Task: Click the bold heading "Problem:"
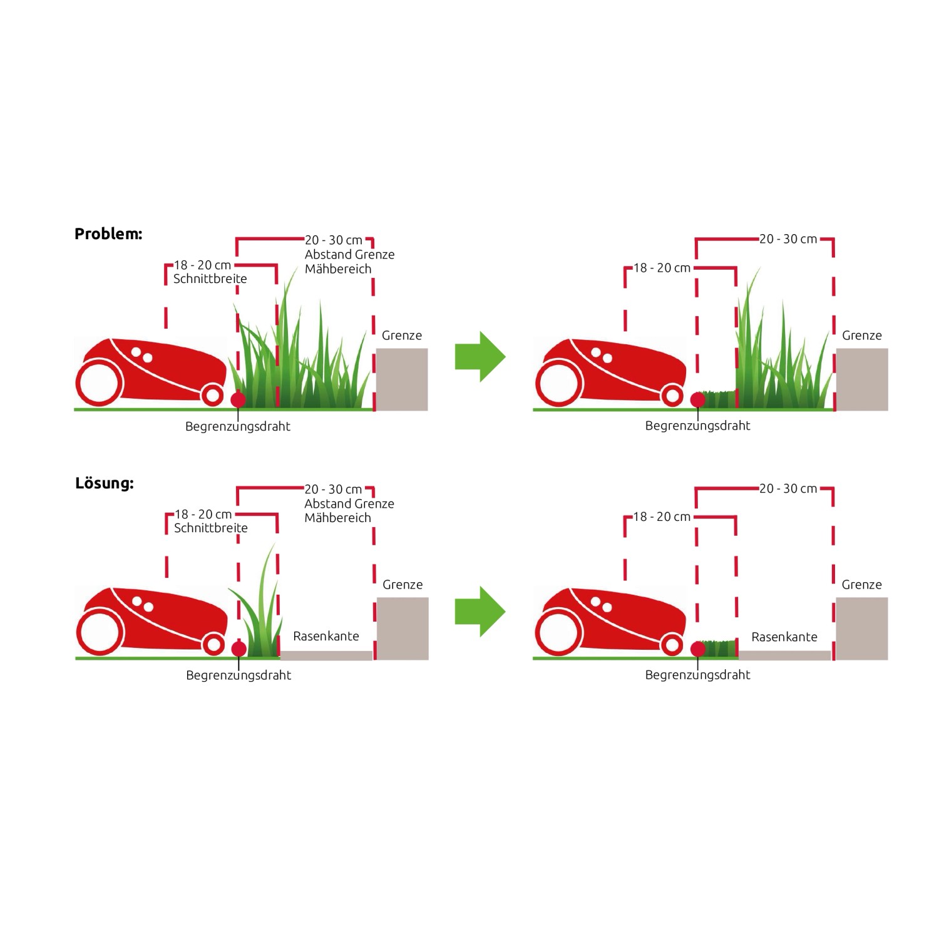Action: click(108, 234)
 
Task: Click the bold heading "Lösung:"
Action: click(105, 483)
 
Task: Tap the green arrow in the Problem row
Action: click(480, 357)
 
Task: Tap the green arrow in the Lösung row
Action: click(480, 611)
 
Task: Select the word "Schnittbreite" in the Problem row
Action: click(210, 279)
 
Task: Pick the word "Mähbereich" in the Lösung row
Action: click(337, 518)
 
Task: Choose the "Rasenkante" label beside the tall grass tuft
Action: click(326, 636)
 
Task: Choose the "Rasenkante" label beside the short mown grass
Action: click(784, 637)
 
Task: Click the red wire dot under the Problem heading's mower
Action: click(238, 400)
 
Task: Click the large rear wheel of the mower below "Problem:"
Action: click(99, 381)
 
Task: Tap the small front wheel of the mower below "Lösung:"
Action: click(213, 644)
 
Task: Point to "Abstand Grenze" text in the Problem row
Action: click(349, 255)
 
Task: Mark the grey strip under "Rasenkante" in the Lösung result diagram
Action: click(784, 655)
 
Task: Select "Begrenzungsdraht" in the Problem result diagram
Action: click(697, 426)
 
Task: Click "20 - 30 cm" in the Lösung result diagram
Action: click(788, 489)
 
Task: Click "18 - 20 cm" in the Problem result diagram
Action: click(662, 268)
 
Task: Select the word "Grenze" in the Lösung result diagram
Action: click(861, 585)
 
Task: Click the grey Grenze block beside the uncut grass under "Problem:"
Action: click(401, 379)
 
